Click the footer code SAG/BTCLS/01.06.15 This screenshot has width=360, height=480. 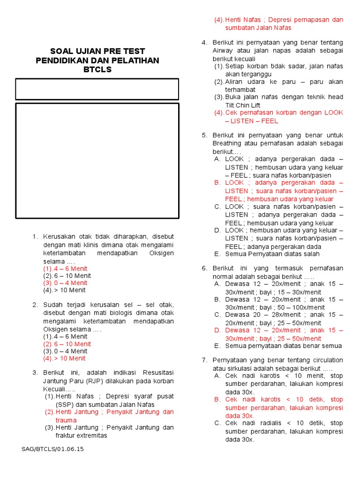(52, 449)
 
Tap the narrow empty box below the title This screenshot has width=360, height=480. (97, 89)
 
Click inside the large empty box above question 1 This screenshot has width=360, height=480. (97, 160)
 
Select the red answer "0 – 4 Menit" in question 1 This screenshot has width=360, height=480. (71, 283)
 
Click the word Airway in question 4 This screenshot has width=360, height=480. (223, 51)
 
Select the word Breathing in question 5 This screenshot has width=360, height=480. (228, 143)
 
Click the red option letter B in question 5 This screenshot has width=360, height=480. (217, 182)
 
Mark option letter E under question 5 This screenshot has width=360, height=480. (217, 254)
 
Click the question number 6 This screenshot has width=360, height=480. (204, 268)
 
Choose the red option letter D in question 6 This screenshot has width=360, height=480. (217, 330)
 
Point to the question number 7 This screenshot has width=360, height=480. (204, 360)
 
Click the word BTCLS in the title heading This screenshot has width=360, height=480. (97, 70)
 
